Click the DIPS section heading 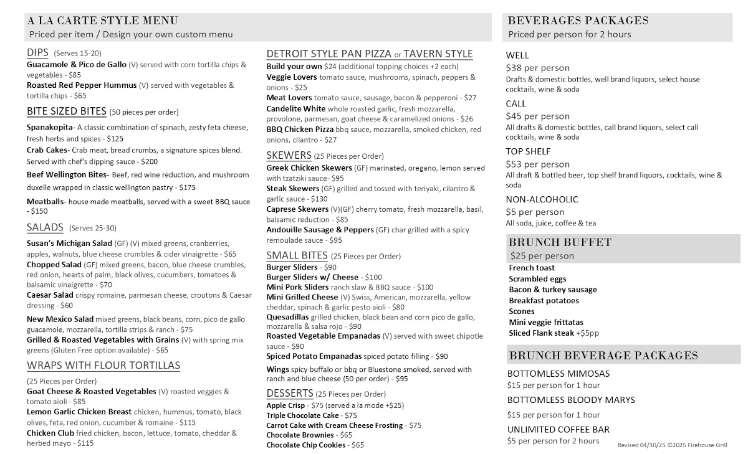(x=37, y=53)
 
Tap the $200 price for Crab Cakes (x=146, y=161)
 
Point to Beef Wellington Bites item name (x=67, y=175)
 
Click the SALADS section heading (x=45, y=227)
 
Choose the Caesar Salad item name (x=50, y=295)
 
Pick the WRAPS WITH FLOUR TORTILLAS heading (x=103, y=365)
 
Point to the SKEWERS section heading (x=289, y=155)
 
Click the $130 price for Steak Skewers (x=319, y=199)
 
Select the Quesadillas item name (x=287, y=316)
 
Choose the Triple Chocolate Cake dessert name (x=302, y=415)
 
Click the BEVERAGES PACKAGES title (x=578, y=21)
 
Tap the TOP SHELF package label (x=528, y=151)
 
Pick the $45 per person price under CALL (x=537, y=116)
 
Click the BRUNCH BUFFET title (x=560, y=242)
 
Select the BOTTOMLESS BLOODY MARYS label (x=571, y=400)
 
